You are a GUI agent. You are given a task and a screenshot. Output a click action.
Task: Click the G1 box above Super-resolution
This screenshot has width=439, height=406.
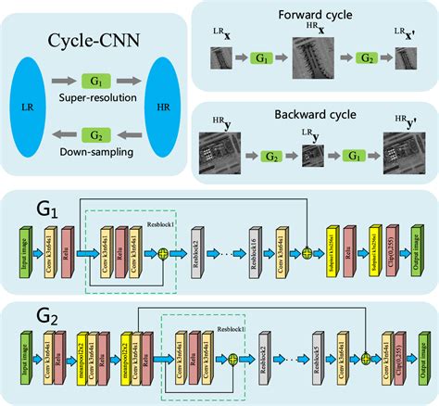[94, 82]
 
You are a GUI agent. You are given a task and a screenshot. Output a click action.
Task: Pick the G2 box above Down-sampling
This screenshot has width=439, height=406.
[94, 136]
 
